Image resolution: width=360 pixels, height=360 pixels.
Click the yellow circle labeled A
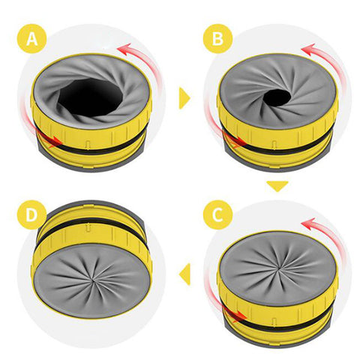pos(32,38)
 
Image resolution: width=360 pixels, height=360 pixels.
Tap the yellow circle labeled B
pos(217,38)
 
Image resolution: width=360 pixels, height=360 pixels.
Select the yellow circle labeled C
pos(217,214)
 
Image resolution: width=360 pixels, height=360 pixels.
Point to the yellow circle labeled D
pos(32,214)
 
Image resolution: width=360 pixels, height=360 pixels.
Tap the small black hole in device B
pos(277,98)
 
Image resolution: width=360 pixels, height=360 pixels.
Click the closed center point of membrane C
pos(277,271)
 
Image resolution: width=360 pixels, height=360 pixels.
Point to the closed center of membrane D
pos(93,280)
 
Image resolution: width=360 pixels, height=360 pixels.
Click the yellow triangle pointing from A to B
pos(184,98)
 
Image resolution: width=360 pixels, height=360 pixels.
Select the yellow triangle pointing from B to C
pos(277,186)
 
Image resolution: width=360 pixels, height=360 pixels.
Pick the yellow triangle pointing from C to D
pos(184,274)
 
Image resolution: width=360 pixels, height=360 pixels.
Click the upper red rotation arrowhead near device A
pos(124,49)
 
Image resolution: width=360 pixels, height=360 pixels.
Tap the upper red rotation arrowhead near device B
pos(308,49)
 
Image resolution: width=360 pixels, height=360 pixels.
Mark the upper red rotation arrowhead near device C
pos(308,223)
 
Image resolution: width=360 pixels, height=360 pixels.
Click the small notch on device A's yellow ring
pos(88,145)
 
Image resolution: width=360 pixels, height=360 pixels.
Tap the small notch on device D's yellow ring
pos(88,228)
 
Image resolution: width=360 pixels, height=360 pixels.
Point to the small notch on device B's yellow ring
pos(274,145)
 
